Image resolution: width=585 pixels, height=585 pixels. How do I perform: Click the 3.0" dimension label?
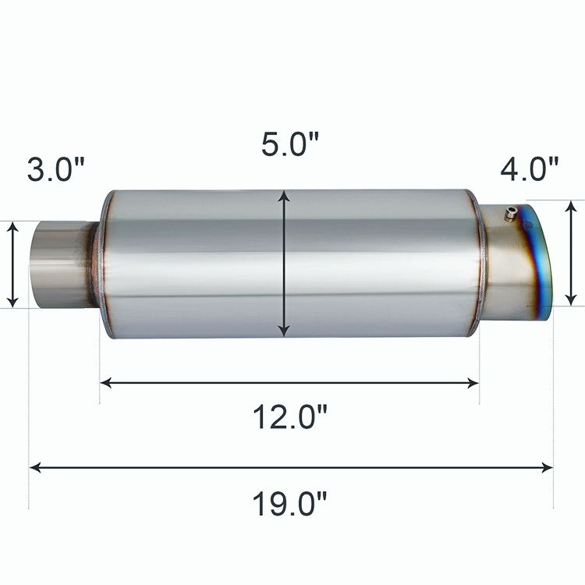(56, 169)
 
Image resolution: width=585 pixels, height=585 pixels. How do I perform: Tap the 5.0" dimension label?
(290, 144)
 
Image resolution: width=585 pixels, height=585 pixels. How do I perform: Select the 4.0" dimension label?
(530, 169)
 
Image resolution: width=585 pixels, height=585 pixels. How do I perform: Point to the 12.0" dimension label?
(290, 417)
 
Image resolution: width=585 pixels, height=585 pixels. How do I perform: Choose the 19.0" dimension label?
(290, 503)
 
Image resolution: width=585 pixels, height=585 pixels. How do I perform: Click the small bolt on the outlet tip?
(509, 215)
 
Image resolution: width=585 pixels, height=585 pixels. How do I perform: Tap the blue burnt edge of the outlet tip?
(537, 261)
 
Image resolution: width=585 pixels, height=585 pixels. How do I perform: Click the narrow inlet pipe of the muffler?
(62, 264)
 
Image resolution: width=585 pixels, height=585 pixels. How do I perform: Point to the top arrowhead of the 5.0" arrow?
(284, 196)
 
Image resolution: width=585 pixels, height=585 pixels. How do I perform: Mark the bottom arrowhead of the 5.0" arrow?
(284, 331)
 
